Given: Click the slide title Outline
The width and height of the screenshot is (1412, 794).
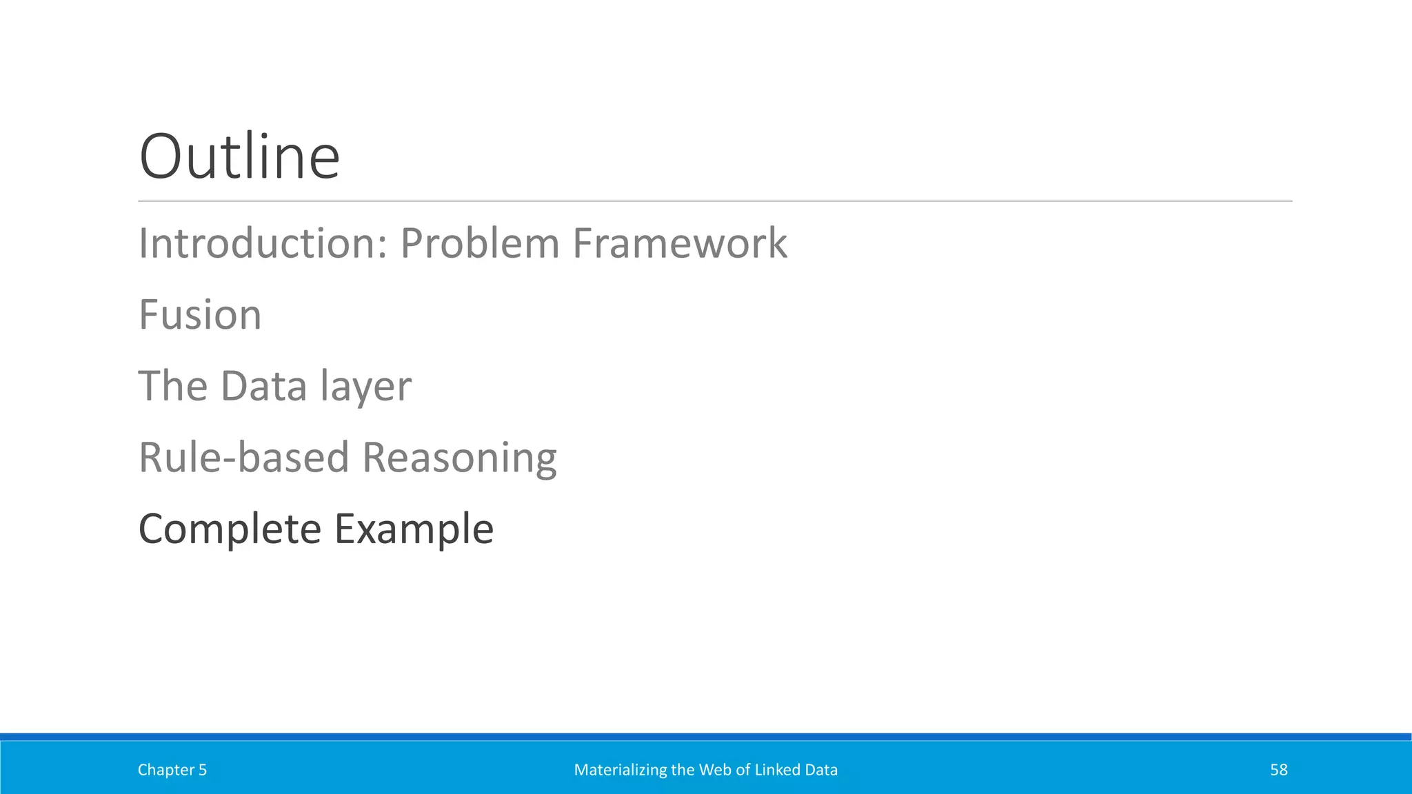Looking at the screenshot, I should click(239, 157).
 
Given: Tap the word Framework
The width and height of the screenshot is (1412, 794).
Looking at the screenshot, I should click(679, 243).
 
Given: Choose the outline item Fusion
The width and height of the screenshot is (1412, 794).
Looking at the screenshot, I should click(200, 315).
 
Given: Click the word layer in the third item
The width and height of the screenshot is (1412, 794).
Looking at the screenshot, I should click(365, 387).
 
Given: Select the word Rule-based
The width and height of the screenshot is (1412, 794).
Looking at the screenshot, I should click(243, 458).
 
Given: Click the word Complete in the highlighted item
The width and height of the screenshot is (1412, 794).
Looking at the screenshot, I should click(230, 529).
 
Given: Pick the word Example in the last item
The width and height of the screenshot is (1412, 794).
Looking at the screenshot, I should click(414, 529).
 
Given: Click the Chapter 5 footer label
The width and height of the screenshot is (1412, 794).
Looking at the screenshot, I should click(172, 770).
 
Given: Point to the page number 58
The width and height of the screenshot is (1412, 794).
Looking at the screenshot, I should click(1278, 770).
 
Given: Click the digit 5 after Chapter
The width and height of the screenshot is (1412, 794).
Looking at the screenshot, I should click(203, 770).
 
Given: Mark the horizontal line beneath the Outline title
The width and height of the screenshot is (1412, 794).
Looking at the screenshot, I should click(714, 201).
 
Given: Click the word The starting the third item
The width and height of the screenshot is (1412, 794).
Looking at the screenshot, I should click(172, 386).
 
